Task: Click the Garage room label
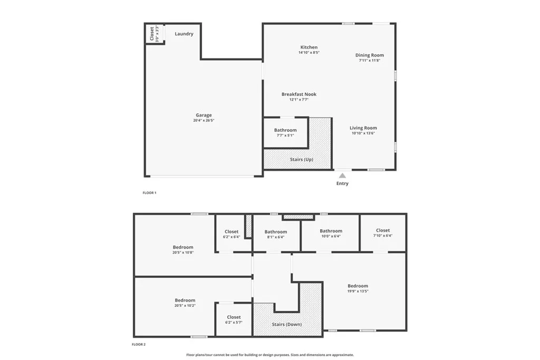point(204,115)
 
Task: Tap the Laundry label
point(184,34)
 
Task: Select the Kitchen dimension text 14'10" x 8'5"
point(309,53)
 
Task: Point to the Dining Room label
point(369,55)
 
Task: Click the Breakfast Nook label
point(298,94)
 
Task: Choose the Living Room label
point(363,128)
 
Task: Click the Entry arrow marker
point(342,175)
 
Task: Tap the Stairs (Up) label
point(301,159)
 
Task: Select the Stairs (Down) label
point(286,324)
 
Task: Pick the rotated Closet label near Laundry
point(152,34)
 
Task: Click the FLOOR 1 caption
point(149,193)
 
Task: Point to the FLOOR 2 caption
point(138,344)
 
